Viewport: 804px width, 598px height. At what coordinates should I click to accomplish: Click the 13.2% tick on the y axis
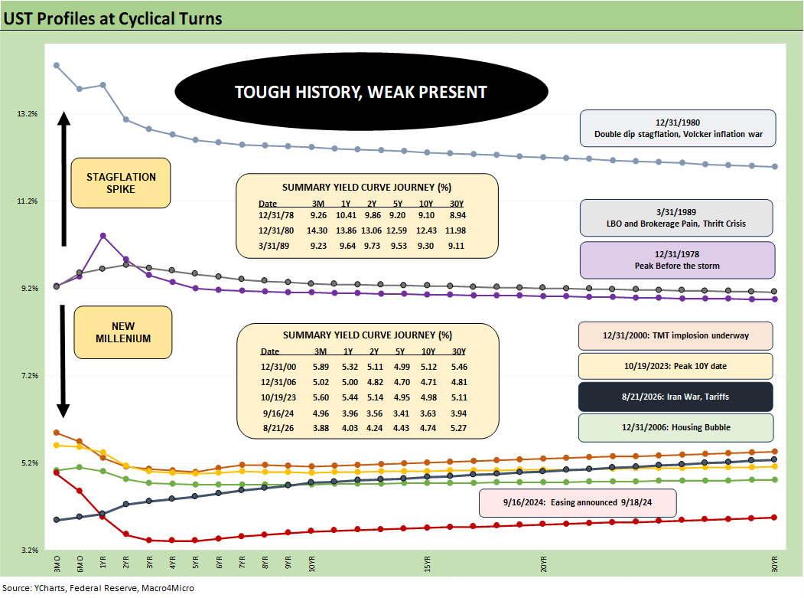click(28, 113)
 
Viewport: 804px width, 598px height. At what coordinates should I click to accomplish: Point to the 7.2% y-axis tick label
click(29, 375)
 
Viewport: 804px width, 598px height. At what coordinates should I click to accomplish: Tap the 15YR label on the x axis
click(427, 563)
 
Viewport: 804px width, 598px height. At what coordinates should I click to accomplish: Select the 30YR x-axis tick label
click(775, 563)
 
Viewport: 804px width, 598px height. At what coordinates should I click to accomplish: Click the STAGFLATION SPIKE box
click(121, 183)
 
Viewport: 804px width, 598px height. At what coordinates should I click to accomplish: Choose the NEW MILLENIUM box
click(123, 332)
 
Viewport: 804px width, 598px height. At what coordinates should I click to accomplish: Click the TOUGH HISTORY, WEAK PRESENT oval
click(362, 91)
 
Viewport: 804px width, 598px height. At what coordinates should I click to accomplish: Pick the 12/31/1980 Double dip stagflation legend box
click(678, 129)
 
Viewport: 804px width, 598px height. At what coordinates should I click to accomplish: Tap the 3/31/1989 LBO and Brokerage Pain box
click(676, 217)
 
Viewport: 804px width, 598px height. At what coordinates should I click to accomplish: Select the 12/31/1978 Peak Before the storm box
click(677, 260)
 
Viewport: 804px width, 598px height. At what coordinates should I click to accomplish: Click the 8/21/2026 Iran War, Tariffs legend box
click(675, 397)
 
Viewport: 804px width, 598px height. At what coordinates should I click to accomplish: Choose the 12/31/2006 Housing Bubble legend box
click(675, 427)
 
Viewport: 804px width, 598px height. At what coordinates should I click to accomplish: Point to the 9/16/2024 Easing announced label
click(578, 502)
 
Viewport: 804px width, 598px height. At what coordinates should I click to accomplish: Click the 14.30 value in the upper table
click(317, 230)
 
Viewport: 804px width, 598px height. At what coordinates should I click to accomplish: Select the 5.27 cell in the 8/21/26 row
click(458, 427)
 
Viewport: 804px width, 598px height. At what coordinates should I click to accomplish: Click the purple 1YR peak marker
click(103, 236)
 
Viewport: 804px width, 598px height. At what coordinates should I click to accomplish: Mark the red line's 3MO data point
click(57, 472)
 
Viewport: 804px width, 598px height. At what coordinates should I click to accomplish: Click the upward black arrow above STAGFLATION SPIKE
click(63, 178)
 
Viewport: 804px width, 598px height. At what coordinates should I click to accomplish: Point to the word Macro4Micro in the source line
click(168, 588)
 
